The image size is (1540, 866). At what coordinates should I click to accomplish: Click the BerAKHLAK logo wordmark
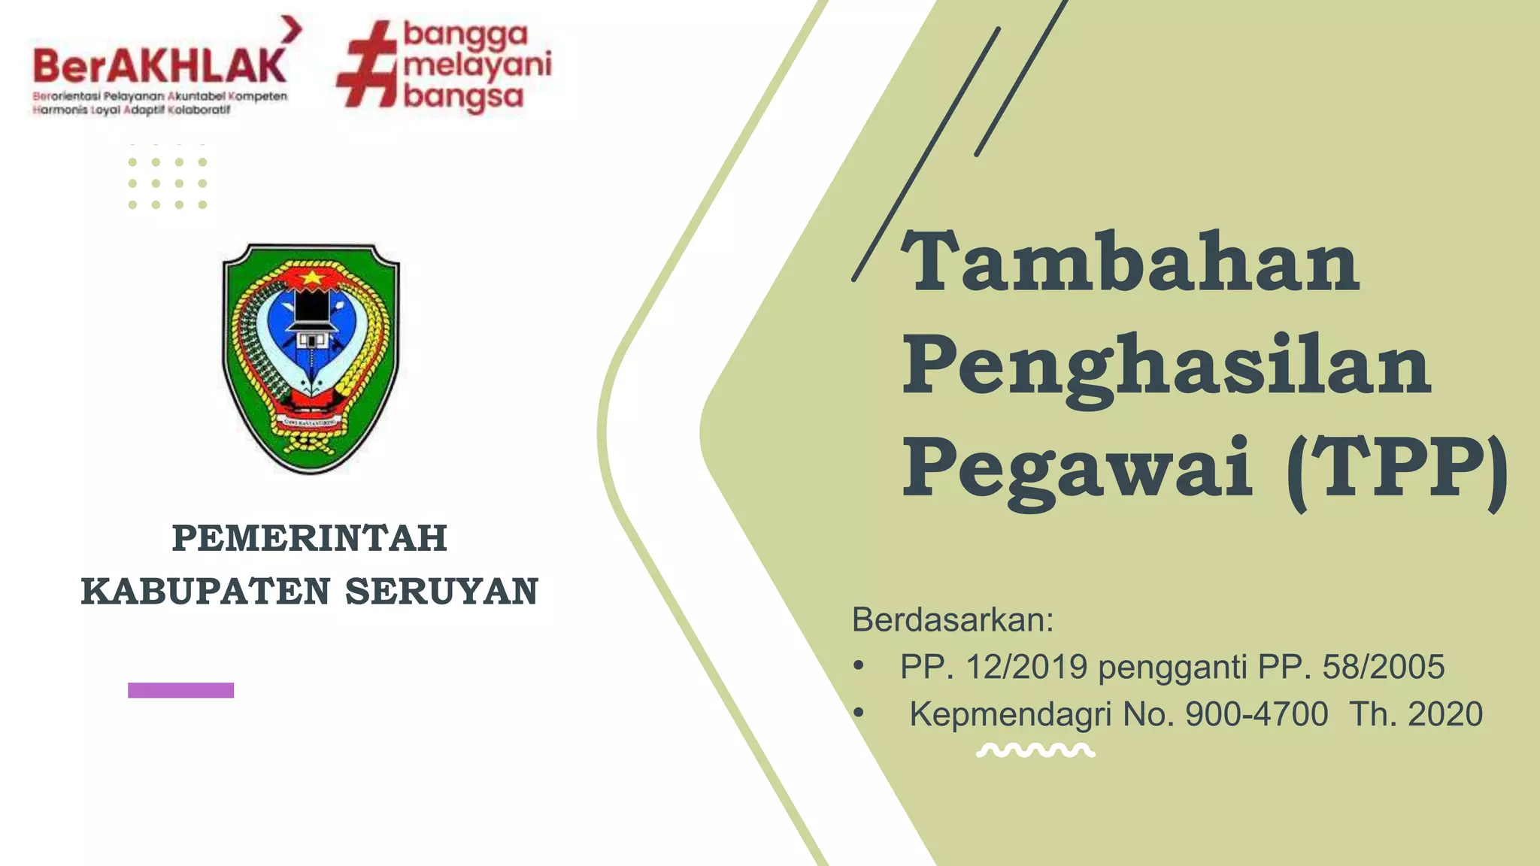point(159,66)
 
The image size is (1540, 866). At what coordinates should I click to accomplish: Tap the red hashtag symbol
point(367,66)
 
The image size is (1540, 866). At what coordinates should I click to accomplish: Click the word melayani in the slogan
point(477,65)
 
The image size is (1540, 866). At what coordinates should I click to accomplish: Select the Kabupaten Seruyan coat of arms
point(311,358)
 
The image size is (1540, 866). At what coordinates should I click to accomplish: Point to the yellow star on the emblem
point(311,278)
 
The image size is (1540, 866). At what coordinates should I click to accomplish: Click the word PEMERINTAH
point(310,538)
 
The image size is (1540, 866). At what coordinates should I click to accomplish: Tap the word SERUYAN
point(442,592)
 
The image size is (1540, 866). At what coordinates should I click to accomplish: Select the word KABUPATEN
point(205,592)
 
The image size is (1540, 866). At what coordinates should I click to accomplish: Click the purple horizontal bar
point(180,690)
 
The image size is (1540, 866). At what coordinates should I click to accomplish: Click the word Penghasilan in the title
point(1166,366)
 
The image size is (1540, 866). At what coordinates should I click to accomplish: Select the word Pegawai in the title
point(1078,470)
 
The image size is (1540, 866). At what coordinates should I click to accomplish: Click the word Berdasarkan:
point(953,620)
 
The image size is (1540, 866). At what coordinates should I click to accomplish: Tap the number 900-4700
point(1257,714)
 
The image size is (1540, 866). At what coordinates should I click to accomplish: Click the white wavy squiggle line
point(1035,750)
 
